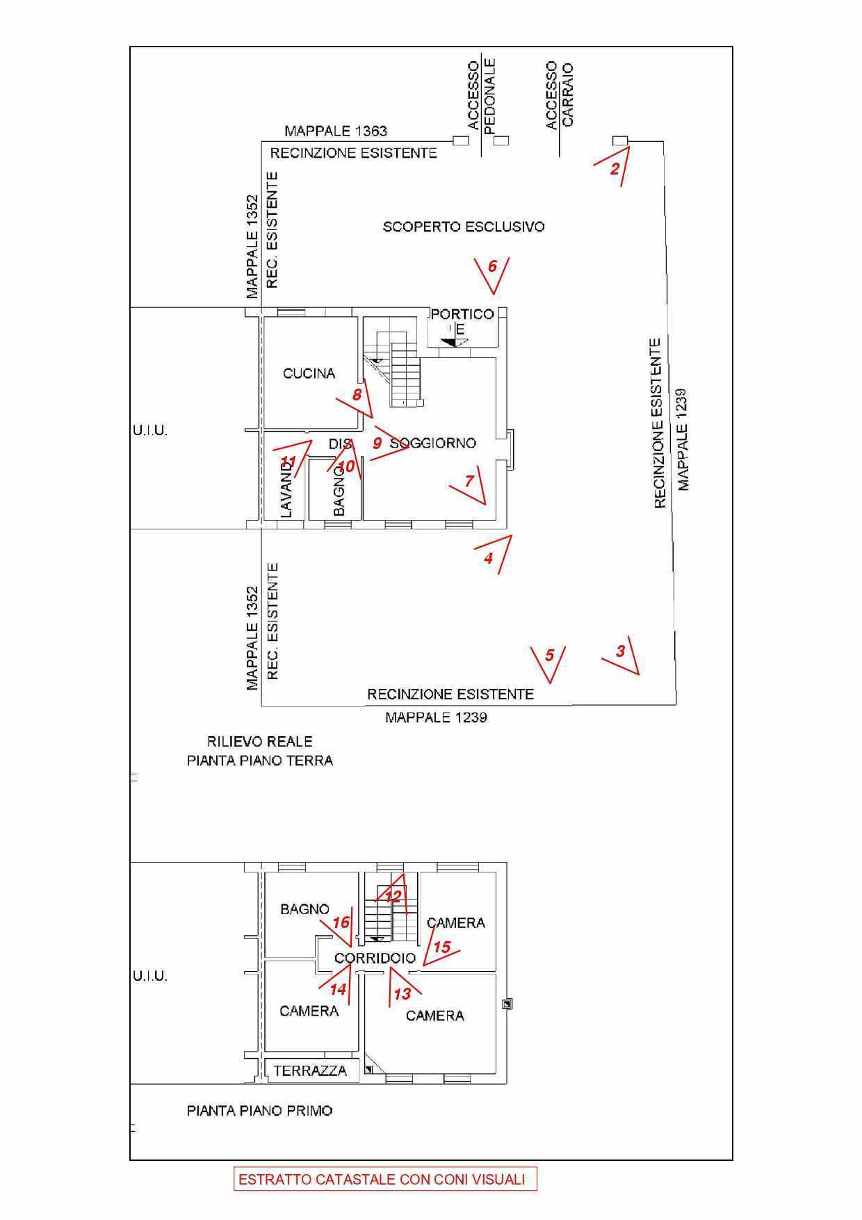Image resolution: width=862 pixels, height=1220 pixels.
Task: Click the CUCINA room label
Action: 309,373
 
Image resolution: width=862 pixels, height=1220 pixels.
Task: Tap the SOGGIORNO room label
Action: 432,443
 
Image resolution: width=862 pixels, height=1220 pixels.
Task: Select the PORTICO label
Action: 462,314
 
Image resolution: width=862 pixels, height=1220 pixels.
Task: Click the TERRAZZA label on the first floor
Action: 310,1071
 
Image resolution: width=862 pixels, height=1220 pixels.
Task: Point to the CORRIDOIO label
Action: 375,958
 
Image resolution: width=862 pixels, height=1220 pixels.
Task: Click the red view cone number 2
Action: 615,168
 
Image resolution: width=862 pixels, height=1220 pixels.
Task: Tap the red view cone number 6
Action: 493,266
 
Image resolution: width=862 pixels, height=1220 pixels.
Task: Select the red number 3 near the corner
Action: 621,651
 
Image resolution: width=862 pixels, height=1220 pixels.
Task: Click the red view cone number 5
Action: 550,656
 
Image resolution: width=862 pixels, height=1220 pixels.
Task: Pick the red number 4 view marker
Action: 489,558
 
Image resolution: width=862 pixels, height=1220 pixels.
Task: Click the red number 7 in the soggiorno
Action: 469,481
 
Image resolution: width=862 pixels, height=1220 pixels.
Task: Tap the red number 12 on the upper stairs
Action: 393,897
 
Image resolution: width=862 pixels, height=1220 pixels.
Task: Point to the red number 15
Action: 442,947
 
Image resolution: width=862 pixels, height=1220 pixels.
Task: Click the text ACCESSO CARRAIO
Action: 560,95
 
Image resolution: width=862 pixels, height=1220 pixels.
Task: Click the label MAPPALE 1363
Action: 336,131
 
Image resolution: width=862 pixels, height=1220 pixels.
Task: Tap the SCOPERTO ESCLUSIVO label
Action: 464,227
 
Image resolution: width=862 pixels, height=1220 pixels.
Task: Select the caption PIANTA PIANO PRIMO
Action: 259,1111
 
